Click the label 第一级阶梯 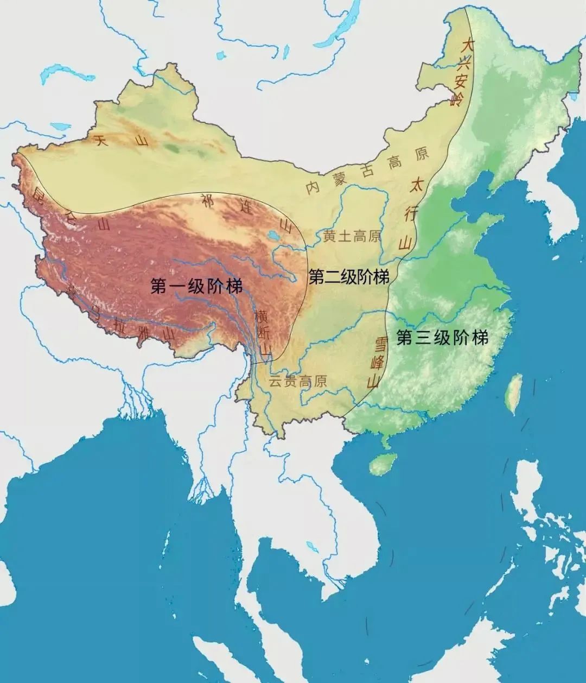pos(196,286)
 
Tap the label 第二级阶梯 pos(349,277)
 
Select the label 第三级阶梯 pos(442,338)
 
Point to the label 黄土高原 pos(352,236)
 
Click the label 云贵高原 pos(298,381)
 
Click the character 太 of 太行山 pos(418,182)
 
